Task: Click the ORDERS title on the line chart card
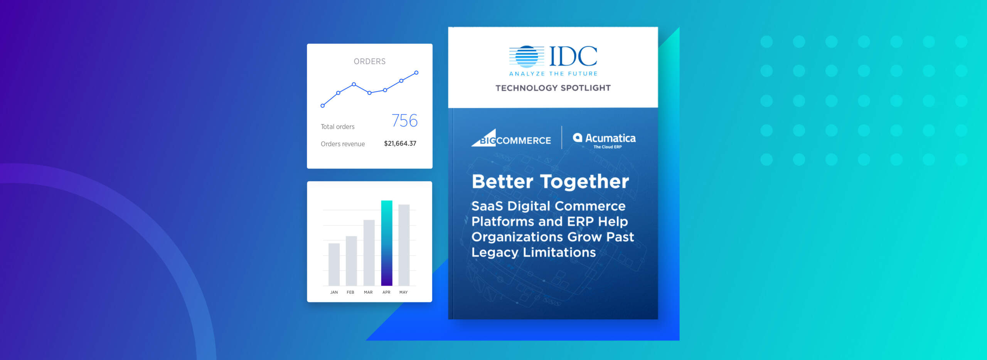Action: [x=369, y=61]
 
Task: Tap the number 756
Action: [x=404, y=121]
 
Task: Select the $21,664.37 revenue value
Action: [x=400, y=143]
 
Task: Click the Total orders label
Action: [x=337, y=126]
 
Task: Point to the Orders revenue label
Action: [x=342, y=144]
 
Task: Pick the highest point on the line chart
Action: [x=416, y=72]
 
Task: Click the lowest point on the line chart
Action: [x=323, y=106]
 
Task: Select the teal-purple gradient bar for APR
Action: [x=386, y=243]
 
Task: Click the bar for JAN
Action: [x=334, y=264]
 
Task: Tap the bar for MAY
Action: [x=404, y=245]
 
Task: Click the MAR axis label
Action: [x=368, y=292]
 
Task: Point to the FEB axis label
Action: [x=350, y=292]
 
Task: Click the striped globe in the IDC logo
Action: [x=527, y=57]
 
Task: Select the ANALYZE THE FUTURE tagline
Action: [x=553, y=74]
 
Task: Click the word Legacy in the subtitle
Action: [x=494, y=252]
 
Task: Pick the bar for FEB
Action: [x=351, y=261]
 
